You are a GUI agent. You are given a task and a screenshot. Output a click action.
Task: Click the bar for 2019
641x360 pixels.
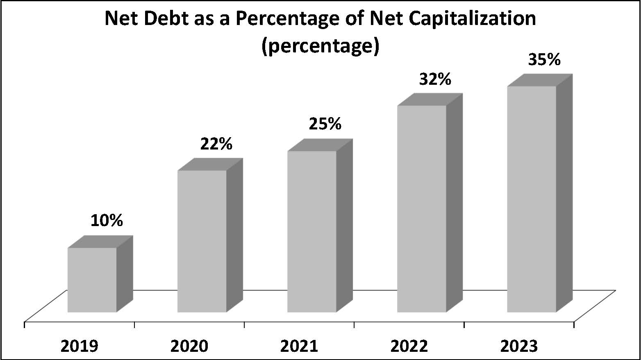[x=92, y=280]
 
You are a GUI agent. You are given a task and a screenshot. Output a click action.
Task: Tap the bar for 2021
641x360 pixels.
[x=312, y=231]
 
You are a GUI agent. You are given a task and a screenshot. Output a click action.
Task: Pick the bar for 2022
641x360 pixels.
[x=422, y=209]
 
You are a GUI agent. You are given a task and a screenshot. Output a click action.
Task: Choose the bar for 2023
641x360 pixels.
[x=532, y=199]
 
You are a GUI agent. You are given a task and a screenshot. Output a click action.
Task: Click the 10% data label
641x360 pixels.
[x=107, y=221]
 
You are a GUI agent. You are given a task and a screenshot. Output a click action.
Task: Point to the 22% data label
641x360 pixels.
[x=216, y=144]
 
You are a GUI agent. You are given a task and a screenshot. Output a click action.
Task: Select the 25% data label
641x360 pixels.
[x=325, y=124]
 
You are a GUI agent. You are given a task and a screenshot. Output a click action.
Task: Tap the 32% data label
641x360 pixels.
[x=435, y=79]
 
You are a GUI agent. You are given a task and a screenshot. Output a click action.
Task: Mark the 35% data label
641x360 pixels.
[x=544, y=60]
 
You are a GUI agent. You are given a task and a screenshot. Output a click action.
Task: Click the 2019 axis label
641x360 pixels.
[x=80, y=346]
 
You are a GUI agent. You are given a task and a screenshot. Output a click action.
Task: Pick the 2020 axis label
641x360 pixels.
[x=189, y=346]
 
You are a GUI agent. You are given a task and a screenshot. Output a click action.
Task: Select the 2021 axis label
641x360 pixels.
[x=299, y=346]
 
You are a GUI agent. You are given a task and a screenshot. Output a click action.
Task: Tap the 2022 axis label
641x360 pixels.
[x=409, y=346]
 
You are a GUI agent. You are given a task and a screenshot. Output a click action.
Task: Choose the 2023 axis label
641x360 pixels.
[x=519, y=346]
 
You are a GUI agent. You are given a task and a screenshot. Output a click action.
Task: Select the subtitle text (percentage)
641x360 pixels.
[x=320, y=46]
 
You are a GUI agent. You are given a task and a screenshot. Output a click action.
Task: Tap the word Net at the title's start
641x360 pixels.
[x=119, y=19]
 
